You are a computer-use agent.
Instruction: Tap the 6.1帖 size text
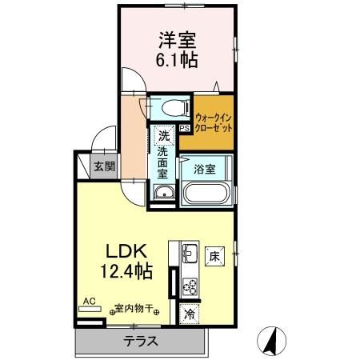(x=178, y=59)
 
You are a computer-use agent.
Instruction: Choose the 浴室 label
(x=205, y=169)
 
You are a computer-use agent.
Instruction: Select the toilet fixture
(x=170, y=107)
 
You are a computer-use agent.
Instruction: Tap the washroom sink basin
(x=163, y=193)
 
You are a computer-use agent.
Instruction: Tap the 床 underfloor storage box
(x=214, y=258)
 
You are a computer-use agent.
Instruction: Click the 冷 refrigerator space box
(x=190, y=315)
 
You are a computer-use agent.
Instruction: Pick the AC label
(x=89, y=302)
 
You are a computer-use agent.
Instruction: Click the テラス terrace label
(x=139, y=341)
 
